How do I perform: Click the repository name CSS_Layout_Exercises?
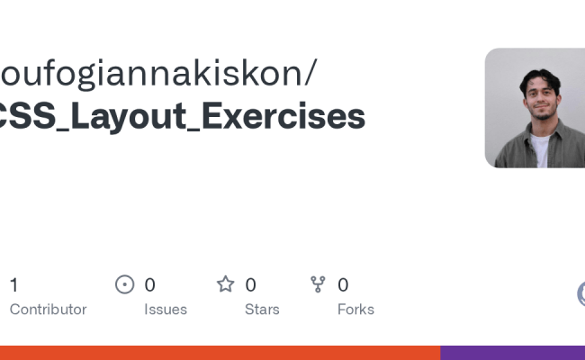tap(180, 117)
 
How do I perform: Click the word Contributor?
tap(48, 310)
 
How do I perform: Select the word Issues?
tap(166, 310)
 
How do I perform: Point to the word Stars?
tap(262, 310)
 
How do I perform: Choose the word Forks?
tap(355, 310)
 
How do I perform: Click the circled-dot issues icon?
tap(125, 284)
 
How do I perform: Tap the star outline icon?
tap(225, 284)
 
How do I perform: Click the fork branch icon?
tap(318, 284)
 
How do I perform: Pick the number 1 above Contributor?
tap(13, 285)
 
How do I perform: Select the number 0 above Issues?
tap(149, 285)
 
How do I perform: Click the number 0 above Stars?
tap(250, 285)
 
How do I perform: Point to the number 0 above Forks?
tap(343, 285)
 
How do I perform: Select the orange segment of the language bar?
tap(220, 353)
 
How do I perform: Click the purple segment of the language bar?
tap(512, 353)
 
